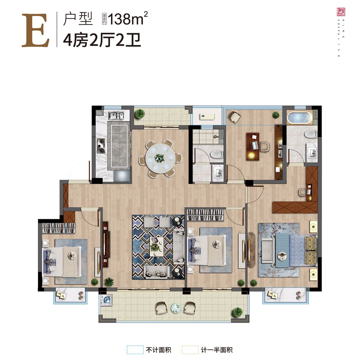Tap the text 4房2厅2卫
102,40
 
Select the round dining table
160,158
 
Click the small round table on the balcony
176,308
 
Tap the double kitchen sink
116,116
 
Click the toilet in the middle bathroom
216,154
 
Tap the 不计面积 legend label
158,350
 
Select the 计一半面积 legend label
218,350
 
